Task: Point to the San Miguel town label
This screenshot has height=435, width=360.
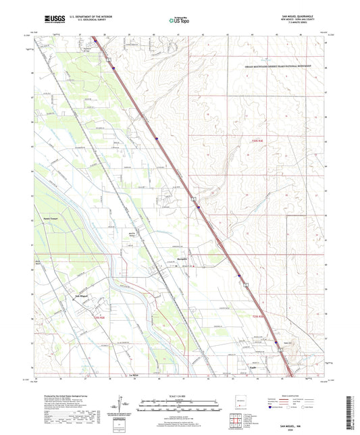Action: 81,295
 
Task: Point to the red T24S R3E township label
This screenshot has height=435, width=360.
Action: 252,136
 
